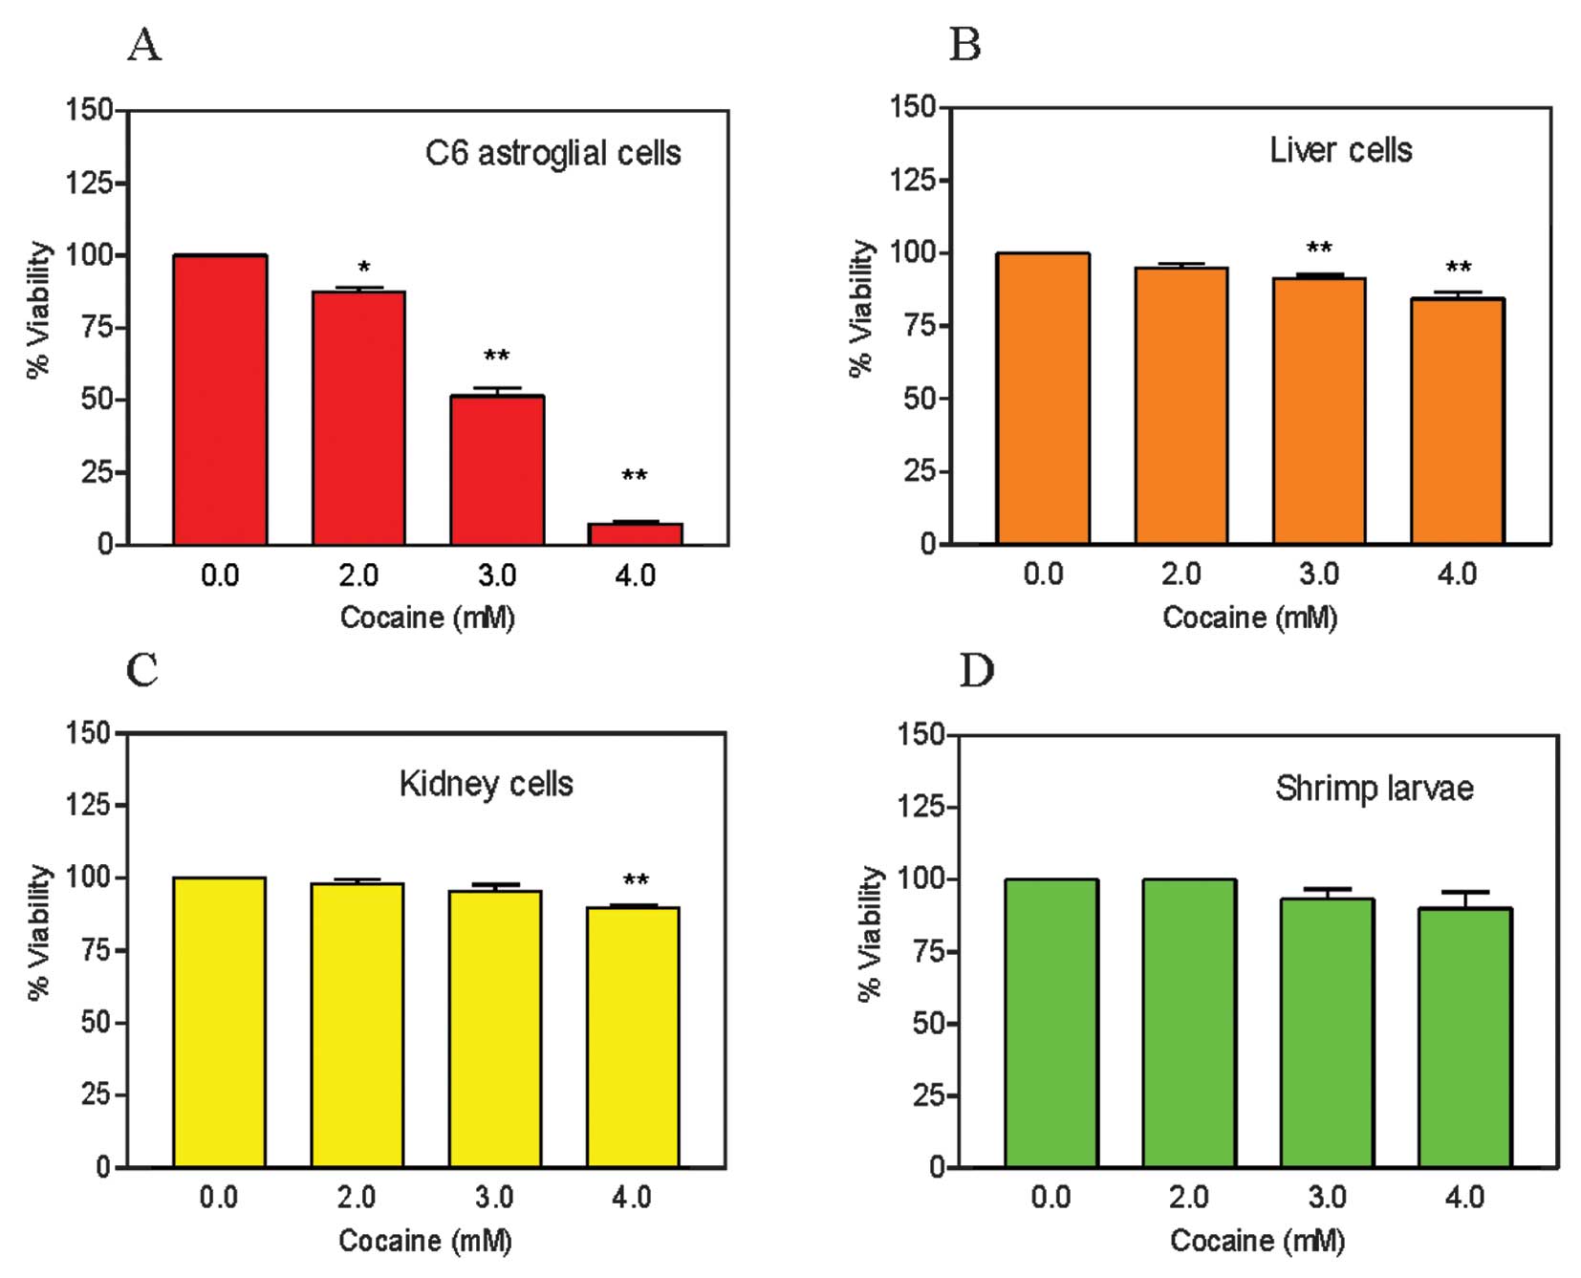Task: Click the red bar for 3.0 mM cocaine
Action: pyautogui.click(x=497, y=470)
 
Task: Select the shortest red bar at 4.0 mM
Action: pyautogui.click(x=635, y=533)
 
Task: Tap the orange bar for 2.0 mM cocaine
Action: pyautogui.click(x=1181, y=406)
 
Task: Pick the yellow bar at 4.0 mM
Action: pyautogui.click(x=633, y=1037)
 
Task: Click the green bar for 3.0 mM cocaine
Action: pyautogui.click(x=1327, y=1032)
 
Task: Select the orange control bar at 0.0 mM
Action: pyautogui.click(x=1043, y=399)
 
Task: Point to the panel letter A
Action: pyautogui.click(x=144, y=44)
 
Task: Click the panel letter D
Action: pyautogui.click(x=976, y=670)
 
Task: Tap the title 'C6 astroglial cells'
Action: pyautogui.click(x=552, y=153)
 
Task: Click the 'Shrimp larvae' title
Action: pyautogui.click(x=1374, y=789)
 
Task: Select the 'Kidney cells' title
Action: pyautogui.click(x=486, y=784)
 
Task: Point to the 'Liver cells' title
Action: pyautogui.click(x=1340, y=150)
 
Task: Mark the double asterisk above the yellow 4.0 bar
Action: pyautogui.click(x=636, y=880)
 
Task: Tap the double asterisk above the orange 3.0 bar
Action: pyautogui.click(x=1319, y=249)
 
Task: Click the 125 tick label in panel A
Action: pyautogui.click(x=89, y=183)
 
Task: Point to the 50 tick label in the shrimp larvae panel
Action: pyautogui.click(x=927, y=1024)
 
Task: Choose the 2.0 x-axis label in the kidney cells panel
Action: pyautogui.click(x=356, y=1197)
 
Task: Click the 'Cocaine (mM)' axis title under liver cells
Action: pyautogui.click(x=1249, y=617)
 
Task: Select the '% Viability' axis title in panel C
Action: pyautogui.click(x=38, y=932)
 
